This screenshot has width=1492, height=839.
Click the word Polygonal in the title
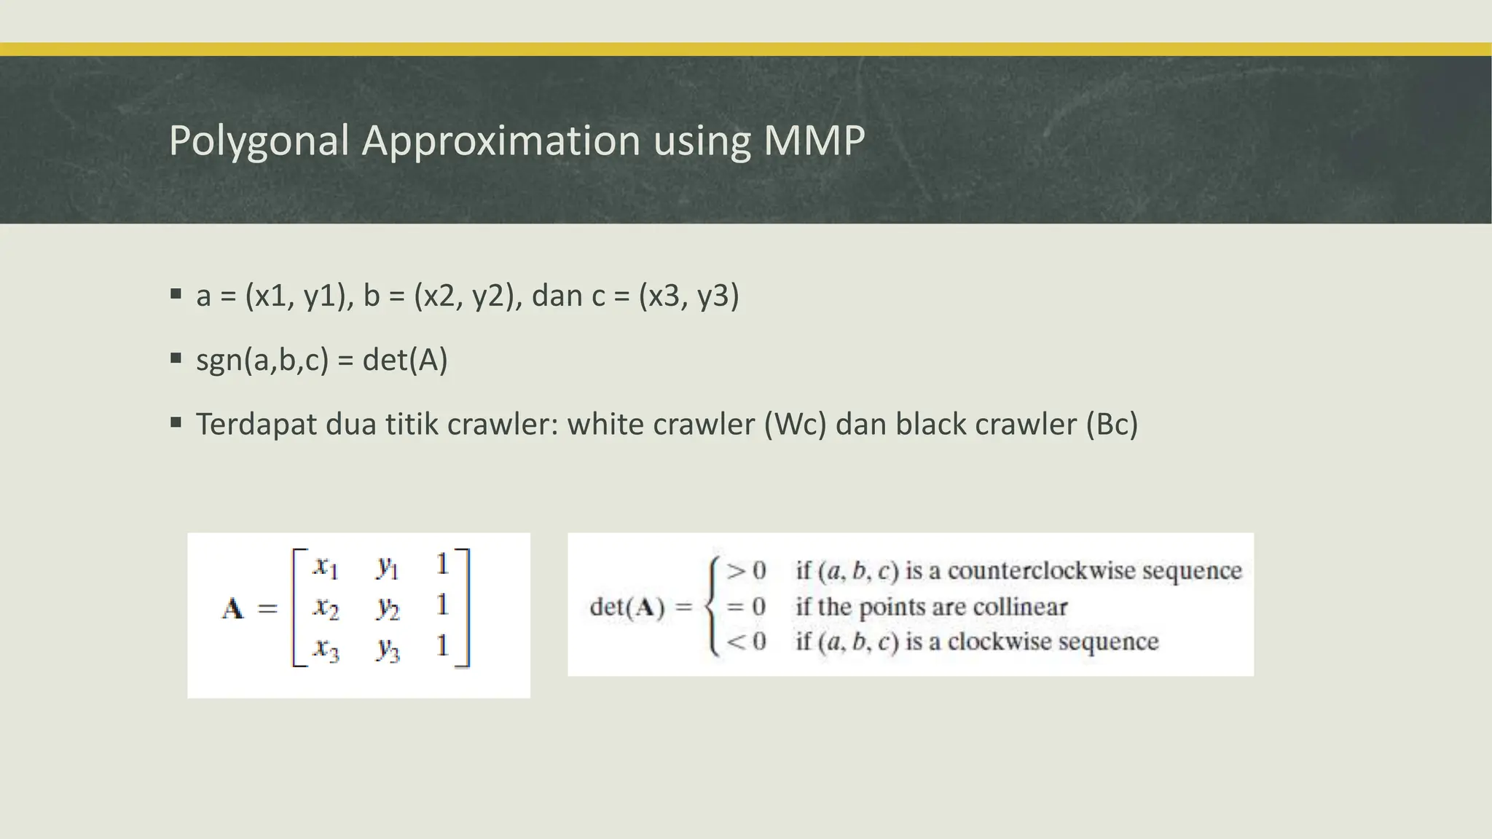tap(259, 141)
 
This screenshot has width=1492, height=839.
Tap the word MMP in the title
tap(814, 141)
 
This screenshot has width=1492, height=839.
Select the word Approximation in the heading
tap(501, 141)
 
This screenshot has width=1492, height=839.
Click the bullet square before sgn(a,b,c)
tap(176, 358)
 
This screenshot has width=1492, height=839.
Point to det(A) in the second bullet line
tap(404, 360)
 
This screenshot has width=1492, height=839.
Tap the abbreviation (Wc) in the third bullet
tap(795, 425)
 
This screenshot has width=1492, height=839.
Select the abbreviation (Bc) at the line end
tap(1111, 425)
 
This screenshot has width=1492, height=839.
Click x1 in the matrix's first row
tap(325, 566)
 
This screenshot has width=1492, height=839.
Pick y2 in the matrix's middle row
tap(388, 607)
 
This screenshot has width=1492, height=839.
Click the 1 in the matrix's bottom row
tap(441, 646)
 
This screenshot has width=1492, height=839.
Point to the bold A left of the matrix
tap(233, 607)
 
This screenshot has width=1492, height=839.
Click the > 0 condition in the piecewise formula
tap(746, 570)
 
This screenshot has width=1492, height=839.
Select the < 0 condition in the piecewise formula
tap(746, 642)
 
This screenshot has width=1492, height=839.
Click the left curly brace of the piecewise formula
tap(712, 607)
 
